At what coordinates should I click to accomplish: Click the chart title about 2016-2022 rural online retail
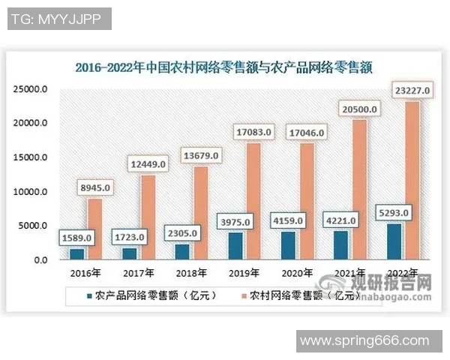click(224, 67)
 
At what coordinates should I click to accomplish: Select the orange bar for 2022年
click(412, 180)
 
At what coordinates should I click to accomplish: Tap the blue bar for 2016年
click(76, 253)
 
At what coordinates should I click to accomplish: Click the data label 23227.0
click(411, 91)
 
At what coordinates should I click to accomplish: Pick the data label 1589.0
click(76, 238)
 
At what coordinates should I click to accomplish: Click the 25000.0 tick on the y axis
click(32, 89)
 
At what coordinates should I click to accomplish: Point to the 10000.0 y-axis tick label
click(32, 192)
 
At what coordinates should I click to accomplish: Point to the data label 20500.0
click(360, 109)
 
